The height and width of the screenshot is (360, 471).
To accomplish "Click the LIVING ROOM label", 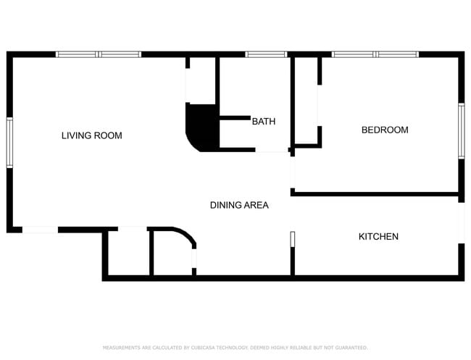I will (91, 135).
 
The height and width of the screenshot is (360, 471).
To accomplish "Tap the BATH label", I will (263, 122).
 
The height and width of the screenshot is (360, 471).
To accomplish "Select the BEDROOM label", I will (385, 130).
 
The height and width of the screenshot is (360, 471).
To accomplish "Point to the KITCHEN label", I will (378, 237).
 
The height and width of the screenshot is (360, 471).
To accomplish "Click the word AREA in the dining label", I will (256, 206).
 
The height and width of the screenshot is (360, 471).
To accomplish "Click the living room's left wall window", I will (9, 142).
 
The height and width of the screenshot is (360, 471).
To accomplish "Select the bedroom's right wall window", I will (461, 130).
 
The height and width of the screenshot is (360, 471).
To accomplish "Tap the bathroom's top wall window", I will (266, 54).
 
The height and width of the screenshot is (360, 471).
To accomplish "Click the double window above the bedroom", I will (375, 54).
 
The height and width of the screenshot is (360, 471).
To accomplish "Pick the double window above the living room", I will (99, 54).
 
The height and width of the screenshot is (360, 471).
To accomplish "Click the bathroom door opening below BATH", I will (272, 151).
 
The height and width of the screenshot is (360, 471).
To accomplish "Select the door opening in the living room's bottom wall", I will (40, 230).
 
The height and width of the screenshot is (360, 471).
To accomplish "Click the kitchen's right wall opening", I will (461, 222).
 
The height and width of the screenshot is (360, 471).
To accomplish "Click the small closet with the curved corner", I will (172, 254).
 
